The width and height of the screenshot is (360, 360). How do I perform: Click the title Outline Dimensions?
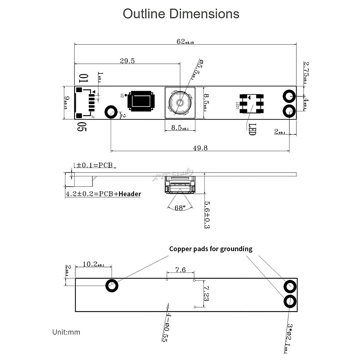pyautogui.click(x=181, y=14)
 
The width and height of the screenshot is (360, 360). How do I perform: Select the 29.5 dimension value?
pyautogui.click(x=127, y=61)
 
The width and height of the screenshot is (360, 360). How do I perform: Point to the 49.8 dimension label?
pyautogui.click(x=200, y=148)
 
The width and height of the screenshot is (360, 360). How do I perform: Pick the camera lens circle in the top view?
pyautogui.click(x=180, y=102)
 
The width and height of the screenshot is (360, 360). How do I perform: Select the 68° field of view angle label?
pyautogui.click(x=180, y=208)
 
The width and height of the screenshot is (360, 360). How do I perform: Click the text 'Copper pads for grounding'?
pyautogui.click(x=211, y=249)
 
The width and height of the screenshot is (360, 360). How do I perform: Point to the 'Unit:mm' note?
pyautogui.click(x=66, y=332)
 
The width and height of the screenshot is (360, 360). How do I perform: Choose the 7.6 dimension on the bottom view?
pyautogui.click(x=180, y=270)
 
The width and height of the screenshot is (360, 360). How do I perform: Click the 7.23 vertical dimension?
pyautogui.click(x=206, y=293)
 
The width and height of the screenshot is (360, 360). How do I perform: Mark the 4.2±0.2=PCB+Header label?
pyautogui.click(x=103, y=194)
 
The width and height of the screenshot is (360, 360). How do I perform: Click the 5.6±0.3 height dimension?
pyautogui.click(x=207, y=214)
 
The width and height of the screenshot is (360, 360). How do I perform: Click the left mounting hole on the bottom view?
pyautogui.click(x=112, y=286)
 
